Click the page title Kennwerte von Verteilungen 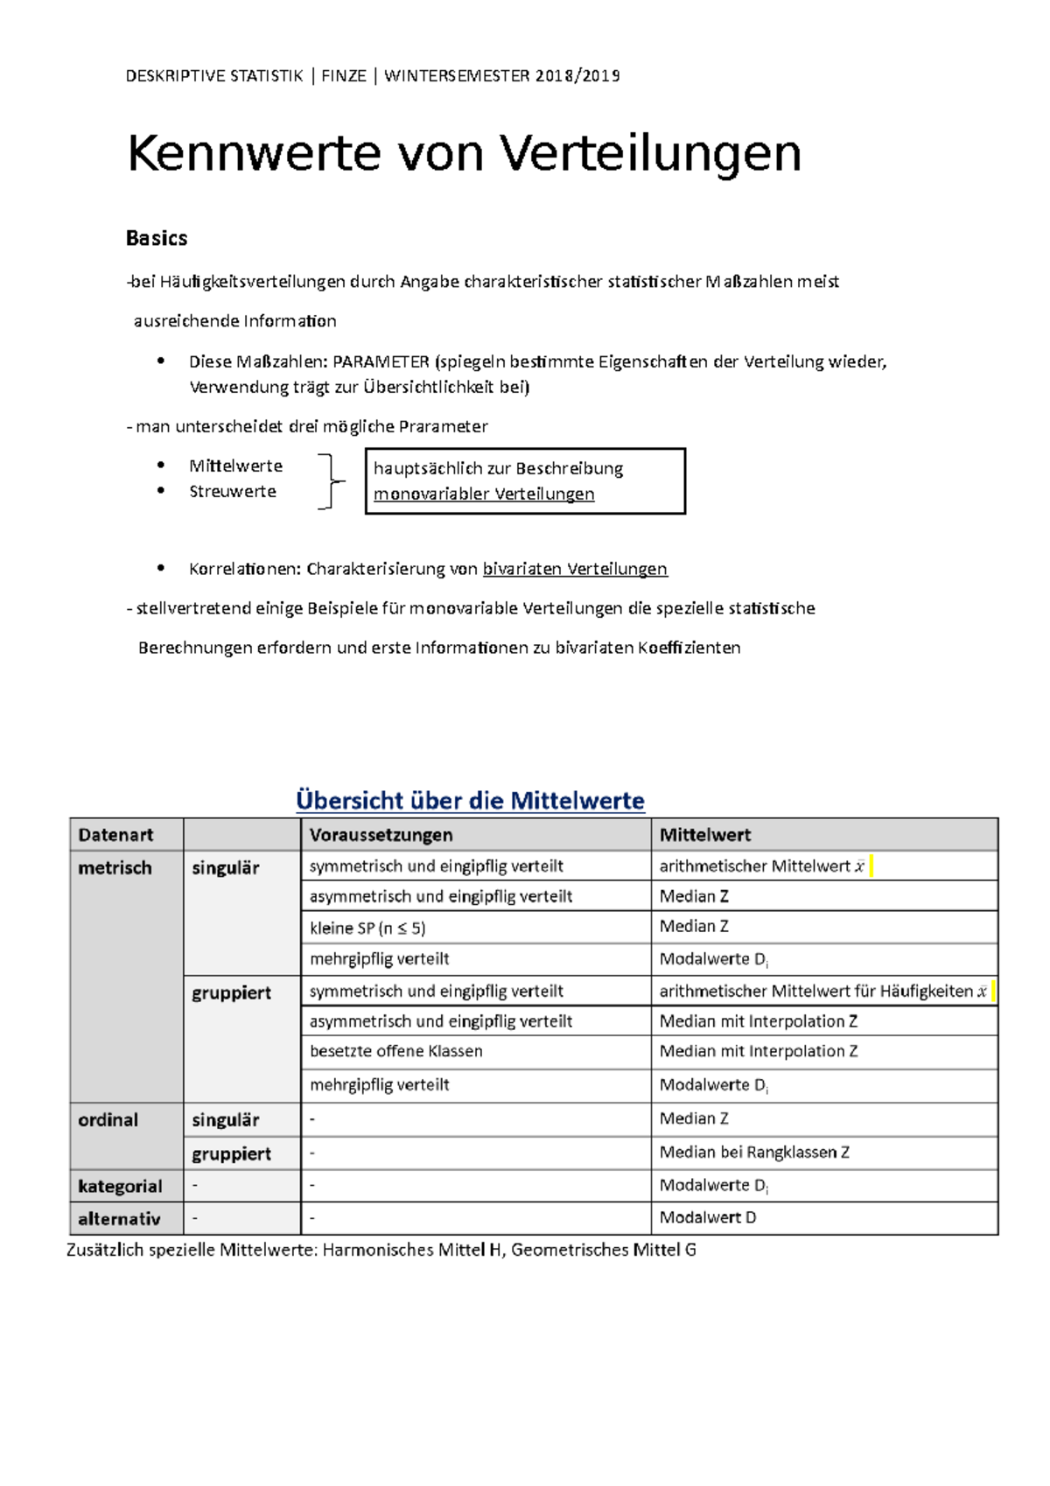(x=464, y=154)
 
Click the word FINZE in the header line (x=343, y=76)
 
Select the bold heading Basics (x=157, y=238)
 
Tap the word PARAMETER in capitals (x=381, y=361)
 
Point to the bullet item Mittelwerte (x=235, y=466)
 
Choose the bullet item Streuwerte (x=232, y=491)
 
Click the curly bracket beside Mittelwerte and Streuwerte (x=330, y=480)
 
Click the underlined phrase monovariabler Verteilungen (x=484, y=494)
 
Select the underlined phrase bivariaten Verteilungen (x=575, y=569)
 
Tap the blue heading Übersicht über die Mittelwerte (x=470, y=800)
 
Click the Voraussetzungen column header (x=381, y=835)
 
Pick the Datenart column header (x=115, y=835)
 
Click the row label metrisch (x=115, y=867)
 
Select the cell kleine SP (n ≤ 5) (x=367, y=928)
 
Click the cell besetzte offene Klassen (x=395, y=1051)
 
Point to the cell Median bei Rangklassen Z (x=754, y=1153)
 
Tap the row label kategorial (x=120, y=1186)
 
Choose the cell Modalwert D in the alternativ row (x=707, y=1217)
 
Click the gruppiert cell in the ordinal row (x=231, y=1153)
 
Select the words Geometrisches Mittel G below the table (x=603, y=1250)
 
